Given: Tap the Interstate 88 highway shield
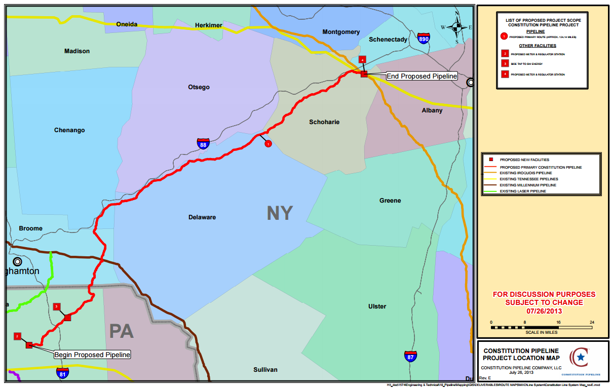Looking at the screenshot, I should pos(203,144).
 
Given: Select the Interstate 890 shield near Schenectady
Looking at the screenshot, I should pos(425,38).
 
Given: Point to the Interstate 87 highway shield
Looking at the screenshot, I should pos(410,356).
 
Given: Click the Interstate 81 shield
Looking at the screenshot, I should pos(63,373).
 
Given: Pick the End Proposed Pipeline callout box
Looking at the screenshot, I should pos(422,76).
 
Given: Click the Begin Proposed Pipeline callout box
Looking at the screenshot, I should pos(92,355).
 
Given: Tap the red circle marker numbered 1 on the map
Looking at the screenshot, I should pos(269,144).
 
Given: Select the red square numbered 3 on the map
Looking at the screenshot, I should pos(57,306).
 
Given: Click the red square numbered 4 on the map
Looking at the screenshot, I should pos(362,60).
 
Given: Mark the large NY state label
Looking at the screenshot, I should pos(280,213).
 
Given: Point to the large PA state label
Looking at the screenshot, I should pos(122,331).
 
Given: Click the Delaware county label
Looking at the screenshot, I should pos(202,217).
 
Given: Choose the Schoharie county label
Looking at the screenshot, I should pos(324,122).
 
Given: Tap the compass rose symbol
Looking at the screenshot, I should pos(456,27).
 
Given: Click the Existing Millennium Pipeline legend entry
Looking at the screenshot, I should pos(527,185).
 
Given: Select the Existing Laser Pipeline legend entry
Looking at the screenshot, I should pos(523,191).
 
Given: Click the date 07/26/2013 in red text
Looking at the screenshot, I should pos(544,310).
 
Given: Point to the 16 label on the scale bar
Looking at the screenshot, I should pos(558,322).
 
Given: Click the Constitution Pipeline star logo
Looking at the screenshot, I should pos(581,357).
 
